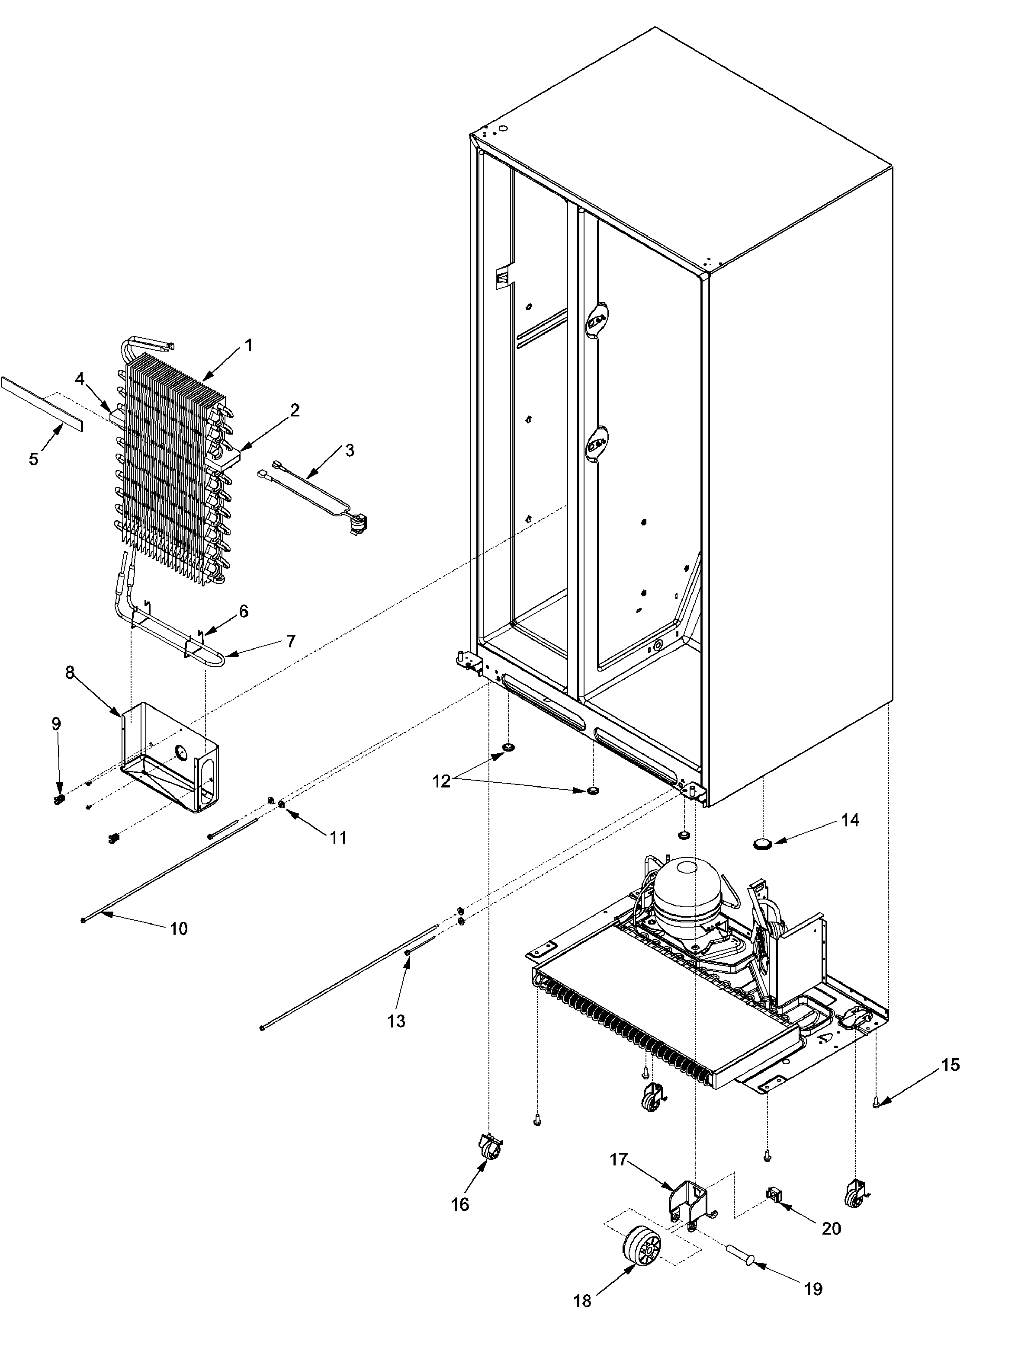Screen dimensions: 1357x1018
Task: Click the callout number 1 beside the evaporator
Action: (x=248, y=346)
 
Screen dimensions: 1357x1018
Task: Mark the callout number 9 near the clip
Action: (x=56, y=724)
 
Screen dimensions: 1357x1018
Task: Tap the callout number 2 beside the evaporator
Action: (x=295, y=410)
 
